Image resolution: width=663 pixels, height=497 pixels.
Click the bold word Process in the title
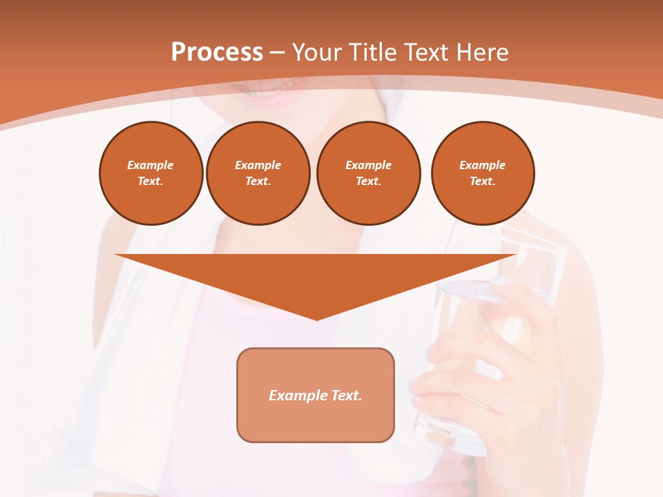[217, 52]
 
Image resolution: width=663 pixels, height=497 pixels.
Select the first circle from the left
[151, 173]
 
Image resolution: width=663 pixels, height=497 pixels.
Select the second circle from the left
[258, 173]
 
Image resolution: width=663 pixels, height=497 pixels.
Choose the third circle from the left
[368, 173]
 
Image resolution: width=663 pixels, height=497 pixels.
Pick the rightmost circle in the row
[482, 173]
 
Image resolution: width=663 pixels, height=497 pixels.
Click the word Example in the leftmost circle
[151, 165]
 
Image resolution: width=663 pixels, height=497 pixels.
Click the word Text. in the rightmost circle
[482, 182]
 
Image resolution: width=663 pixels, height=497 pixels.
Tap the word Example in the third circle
[368, 165]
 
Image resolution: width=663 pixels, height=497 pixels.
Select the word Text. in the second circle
[258, 182]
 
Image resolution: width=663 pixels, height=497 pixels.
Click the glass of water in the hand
[497, 331]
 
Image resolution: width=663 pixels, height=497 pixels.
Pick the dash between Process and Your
[277, 52]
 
